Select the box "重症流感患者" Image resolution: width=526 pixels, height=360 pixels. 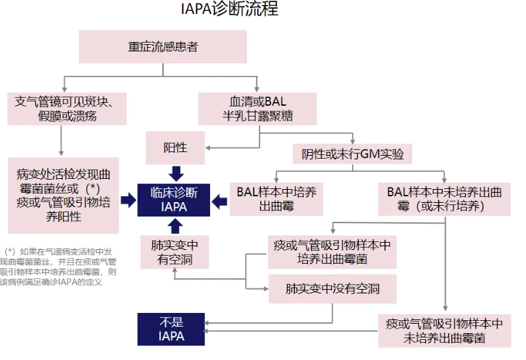click(x=164, y=47)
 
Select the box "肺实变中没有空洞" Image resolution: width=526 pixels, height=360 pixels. click(x=333, y=288)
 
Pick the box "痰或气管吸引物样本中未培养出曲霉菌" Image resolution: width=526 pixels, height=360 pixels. click(x=445, y=330)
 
